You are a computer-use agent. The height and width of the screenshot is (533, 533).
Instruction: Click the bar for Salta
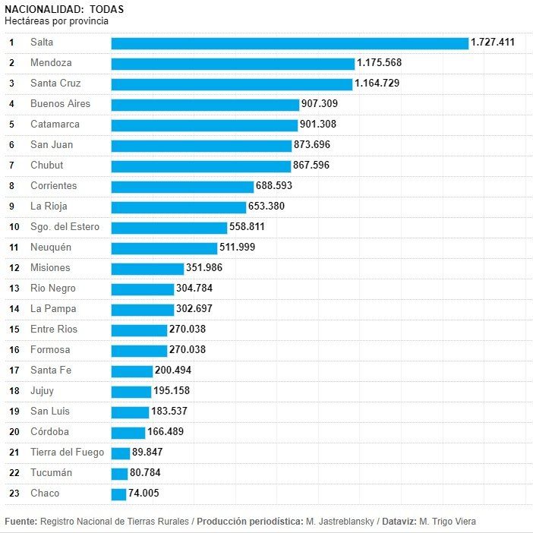[289, 43]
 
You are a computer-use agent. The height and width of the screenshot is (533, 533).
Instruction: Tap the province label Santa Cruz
[55, 84]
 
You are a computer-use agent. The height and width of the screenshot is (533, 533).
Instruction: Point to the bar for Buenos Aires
[205, 104]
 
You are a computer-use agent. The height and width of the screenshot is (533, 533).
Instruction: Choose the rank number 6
[11, 145]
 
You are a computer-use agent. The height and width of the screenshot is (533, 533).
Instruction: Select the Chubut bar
[200, 166]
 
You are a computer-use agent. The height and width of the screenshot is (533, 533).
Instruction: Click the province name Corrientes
[53, 186]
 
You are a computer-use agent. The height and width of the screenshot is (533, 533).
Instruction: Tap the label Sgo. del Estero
[65, 227]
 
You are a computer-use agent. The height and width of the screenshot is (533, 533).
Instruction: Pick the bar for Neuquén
[164, 248]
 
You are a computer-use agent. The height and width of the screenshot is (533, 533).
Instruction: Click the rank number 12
[14, 268]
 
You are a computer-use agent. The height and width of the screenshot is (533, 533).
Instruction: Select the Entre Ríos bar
[139, 330]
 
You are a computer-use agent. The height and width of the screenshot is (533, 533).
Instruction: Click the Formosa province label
[50, 350]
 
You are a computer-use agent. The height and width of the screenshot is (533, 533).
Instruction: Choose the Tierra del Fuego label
[68, 453]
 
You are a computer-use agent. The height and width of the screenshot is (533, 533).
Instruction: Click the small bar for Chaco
[118, 494]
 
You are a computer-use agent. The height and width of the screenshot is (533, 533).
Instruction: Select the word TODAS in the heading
[106, 9]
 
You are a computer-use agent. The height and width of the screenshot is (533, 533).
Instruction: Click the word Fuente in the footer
[20, 521]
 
